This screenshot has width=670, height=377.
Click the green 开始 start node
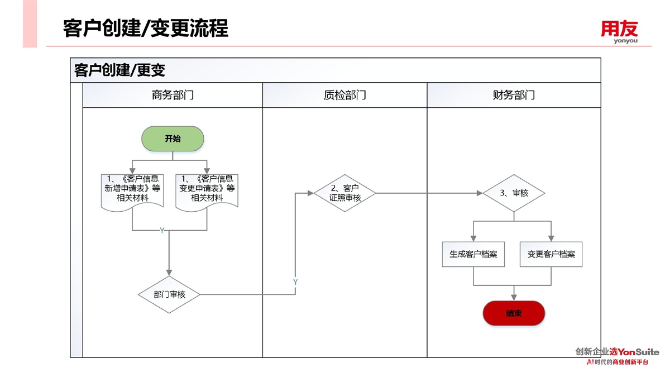coord(173,139)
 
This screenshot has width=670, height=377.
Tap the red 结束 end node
coord(514,313)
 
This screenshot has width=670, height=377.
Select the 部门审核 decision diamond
coord(169,294)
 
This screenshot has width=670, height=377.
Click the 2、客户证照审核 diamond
coord(344,193)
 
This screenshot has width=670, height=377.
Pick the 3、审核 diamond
coord(513,193)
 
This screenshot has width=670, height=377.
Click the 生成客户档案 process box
coord(473,254)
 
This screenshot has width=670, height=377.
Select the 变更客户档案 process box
coord(551,254)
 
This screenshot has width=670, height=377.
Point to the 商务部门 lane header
coord(173,95)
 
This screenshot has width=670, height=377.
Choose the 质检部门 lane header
coord(344,95)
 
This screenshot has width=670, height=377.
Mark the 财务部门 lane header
coord(514,95)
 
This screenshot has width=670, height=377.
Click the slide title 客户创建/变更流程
coord(146,28)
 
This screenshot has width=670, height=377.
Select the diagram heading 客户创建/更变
coord(120,70)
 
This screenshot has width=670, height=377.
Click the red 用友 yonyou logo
coord(619,31)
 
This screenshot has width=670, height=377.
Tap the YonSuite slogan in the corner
coord(617,356)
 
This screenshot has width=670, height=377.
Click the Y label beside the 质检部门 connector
coord(295,283)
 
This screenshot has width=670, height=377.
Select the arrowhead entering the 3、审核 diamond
coord(480,193)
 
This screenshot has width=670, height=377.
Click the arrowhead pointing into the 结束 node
coord(514,297)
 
